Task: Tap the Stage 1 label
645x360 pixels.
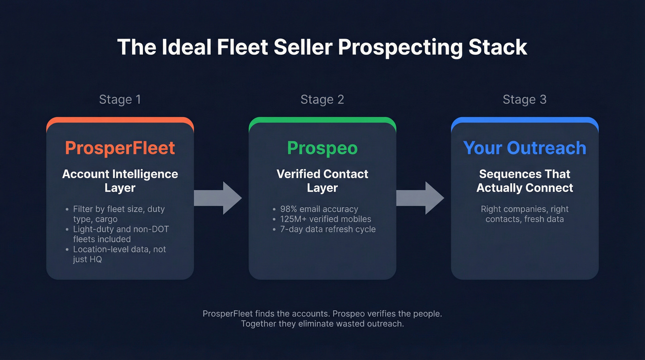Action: [120, 100]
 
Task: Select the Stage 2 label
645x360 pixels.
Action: [322, 100]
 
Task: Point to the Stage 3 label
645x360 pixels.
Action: [524, 100]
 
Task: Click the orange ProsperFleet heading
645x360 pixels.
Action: [120, 148]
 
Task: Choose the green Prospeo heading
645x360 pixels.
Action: [322, 148]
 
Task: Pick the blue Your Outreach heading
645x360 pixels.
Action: [524, 148]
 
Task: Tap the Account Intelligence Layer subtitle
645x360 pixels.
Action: [120, 181]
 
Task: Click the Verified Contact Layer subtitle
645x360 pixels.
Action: [322, 181]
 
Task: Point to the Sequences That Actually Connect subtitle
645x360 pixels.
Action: [524, 181]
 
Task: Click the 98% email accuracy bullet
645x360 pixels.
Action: [319, 209]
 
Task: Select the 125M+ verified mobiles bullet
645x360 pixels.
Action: [325, 219]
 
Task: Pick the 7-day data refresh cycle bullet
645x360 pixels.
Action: [328, 229]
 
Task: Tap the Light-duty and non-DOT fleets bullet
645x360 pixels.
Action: [121, 234]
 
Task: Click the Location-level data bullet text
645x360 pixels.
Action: [119, 254]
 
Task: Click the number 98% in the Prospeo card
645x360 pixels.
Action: [289, 209]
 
